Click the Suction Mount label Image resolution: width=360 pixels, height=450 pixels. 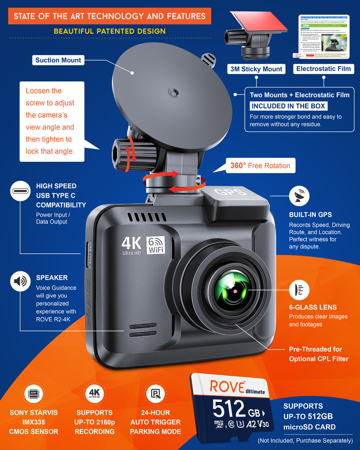[58, 60]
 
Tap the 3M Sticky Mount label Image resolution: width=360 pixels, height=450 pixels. [256, 69]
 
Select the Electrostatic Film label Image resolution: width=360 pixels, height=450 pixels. [323, 69]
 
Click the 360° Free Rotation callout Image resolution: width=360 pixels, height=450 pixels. [260, 166]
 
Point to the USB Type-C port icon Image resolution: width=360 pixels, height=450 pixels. [20, 191]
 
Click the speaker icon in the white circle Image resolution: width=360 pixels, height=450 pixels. [20, 281]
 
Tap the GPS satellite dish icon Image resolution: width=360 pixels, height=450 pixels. [299, 196]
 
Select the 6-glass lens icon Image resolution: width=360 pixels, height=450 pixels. [299, 290]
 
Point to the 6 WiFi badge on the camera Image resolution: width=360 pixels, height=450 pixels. [156, 245]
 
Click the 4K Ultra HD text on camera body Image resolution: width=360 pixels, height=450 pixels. [131, 245]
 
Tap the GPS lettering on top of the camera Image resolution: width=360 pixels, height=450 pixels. [230, 192]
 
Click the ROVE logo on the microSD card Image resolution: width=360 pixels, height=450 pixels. [228, 387]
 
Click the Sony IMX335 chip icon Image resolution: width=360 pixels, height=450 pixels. [34, 393]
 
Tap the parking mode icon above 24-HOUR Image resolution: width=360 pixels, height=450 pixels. [155, 393]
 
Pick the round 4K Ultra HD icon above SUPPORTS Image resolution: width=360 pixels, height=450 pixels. [94, 393]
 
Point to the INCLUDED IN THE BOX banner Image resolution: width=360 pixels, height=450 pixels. [288, 106]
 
